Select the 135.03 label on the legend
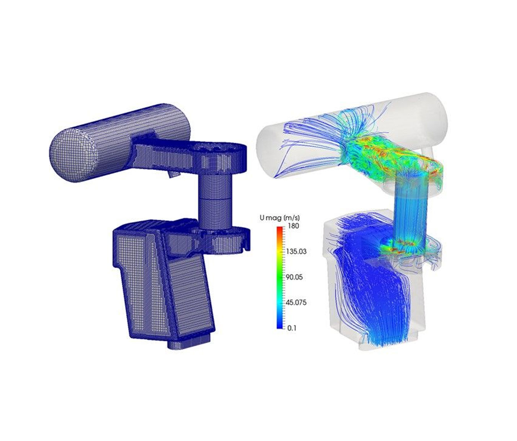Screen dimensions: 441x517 [296, 252]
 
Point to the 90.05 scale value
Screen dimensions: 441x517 [294, 277]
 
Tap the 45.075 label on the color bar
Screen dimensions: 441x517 [296, 303]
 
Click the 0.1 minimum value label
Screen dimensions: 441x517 [292, 328]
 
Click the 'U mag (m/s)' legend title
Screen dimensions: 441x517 [279, 218]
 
